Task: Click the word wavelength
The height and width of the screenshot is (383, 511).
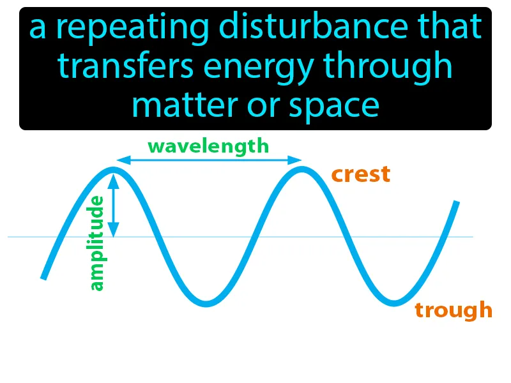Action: coord(208,146)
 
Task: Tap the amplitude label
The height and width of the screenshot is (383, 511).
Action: coord(96,243)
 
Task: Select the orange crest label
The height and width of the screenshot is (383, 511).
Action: coord(360,174)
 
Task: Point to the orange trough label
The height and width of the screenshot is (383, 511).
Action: coord(454,310)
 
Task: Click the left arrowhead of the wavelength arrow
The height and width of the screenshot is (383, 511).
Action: coord(120,160)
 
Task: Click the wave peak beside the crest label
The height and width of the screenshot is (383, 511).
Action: coord(300,170)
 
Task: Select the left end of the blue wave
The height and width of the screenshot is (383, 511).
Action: coord(43,277)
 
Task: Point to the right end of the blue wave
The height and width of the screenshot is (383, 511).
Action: coord(456,203)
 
